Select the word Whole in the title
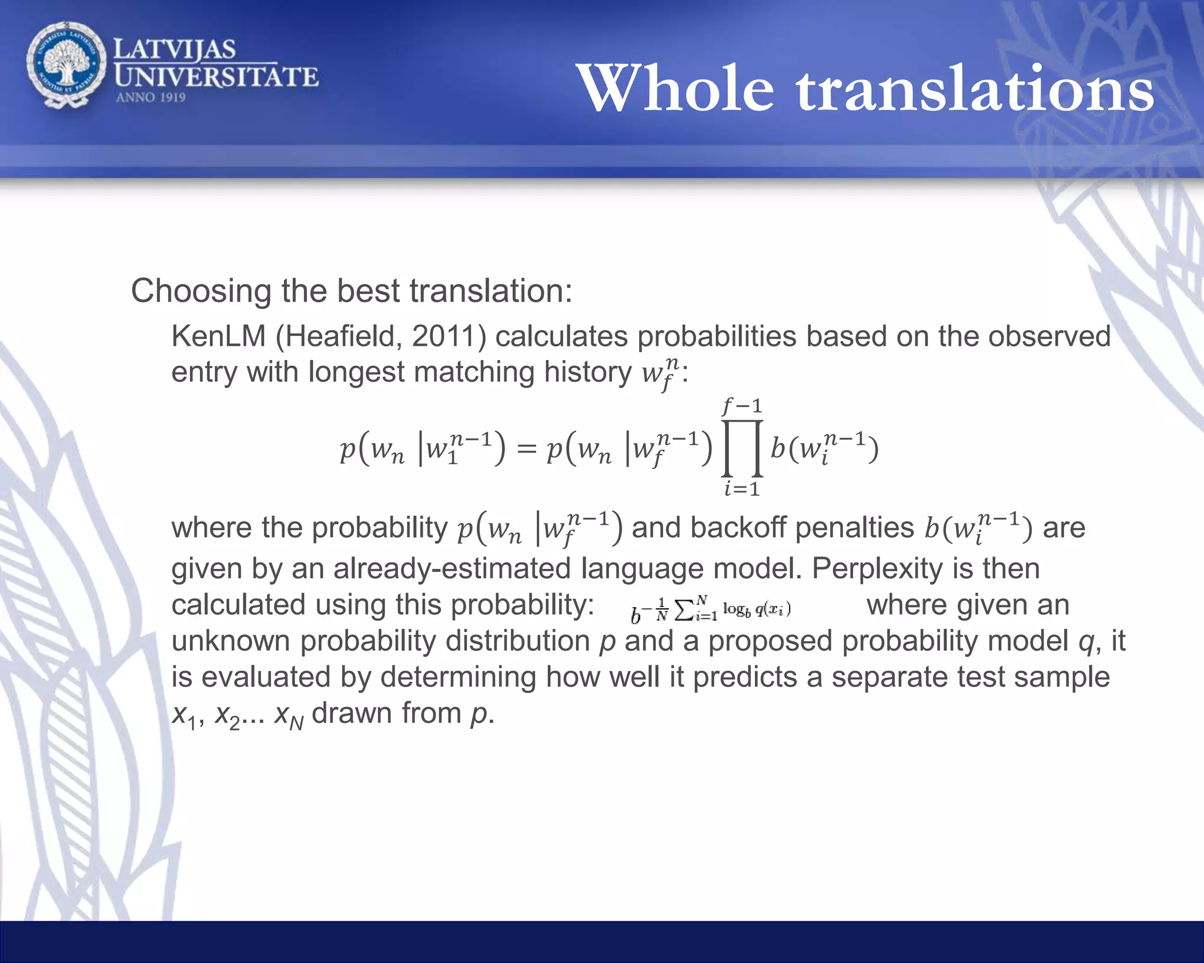675,89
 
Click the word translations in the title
975,89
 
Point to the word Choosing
200,292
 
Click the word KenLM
218,337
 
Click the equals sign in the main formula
526,450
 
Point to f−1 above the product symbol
742,406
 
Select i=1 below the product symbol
742,489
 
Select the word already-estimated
451,569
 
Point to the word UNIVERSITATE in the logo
216,77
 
